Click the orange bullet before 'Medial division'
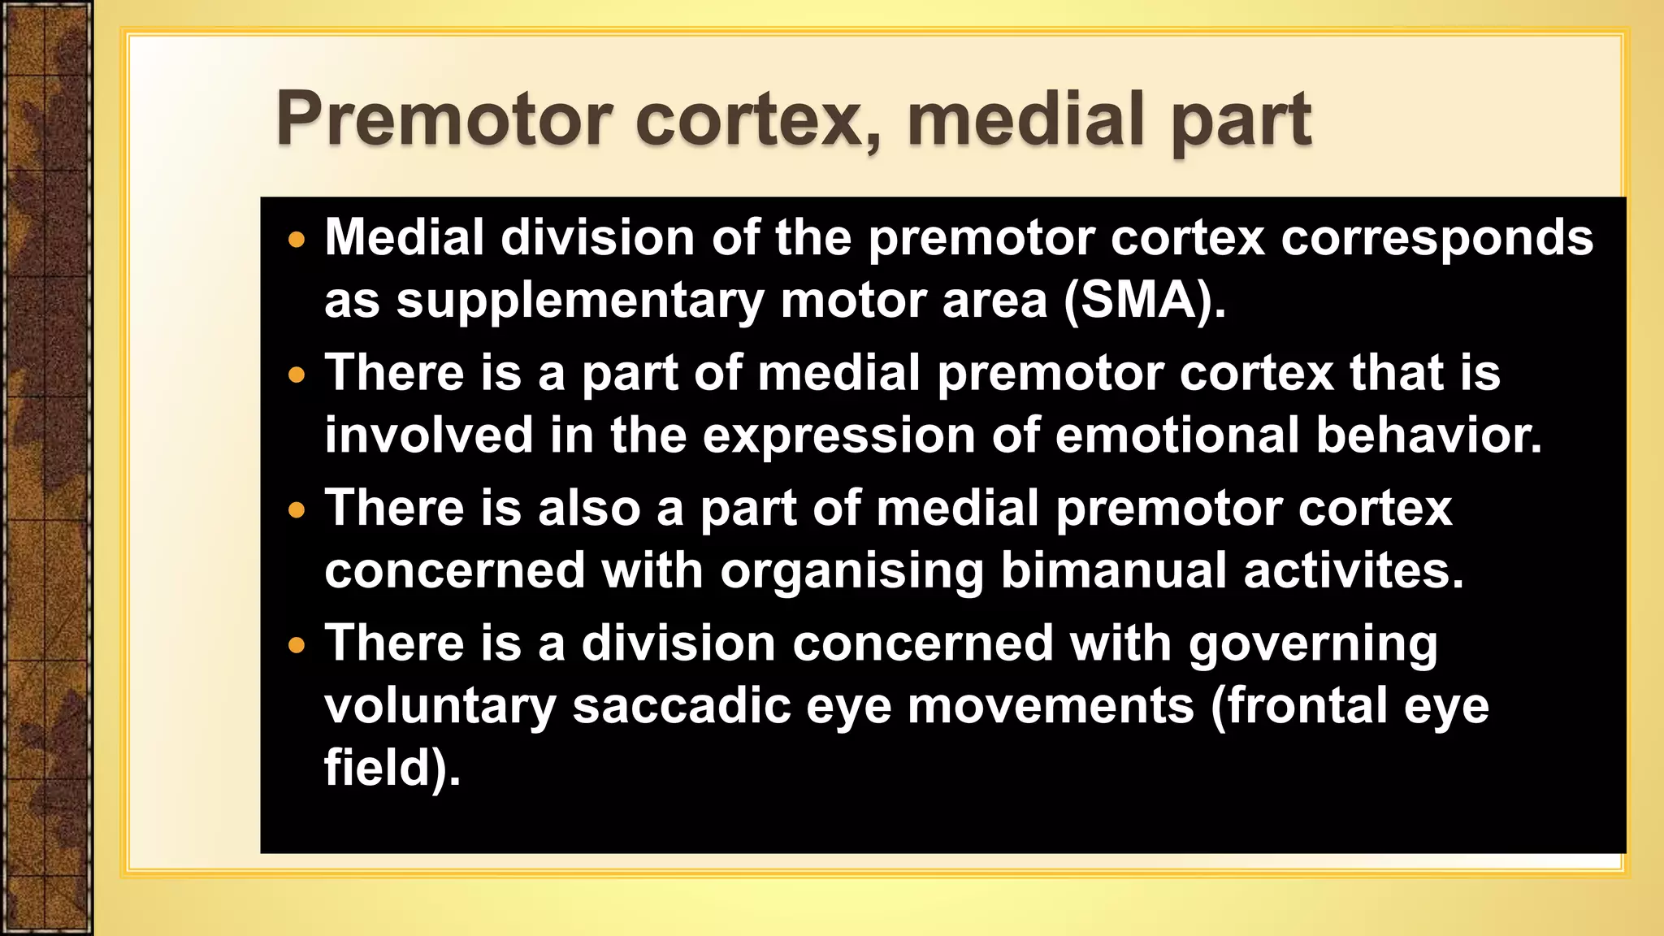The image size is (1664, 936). click(x=297, y=240)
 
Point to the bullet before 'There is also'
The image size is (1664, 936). click(x=297, y=510)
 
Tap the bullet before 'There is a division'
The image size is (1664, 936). click(x=297, y=646)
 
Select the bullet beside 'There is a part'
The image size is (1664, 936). click(x=297, y=375)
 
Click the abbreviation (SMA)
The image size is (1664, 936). click(x=1144, y=301)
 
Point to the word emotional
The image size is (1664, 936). click(x=1177, y=435)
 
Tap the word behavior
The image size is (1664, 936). click(x=1428, y=435)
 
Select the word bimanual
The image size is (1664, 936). click(x=1113, y=570)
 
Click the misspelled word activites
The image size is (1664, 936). click(x=1354, y=570)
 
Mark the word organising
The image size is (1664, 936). click(x=852, y=572)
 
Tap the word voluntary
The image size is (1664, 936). click(x=440, y=707)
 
